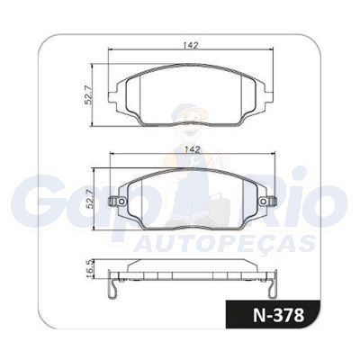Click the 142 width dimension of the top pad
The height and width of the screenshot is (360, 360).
[x=190, y=45]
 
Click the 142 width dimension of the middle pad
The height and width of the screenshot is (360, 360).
[x=193, y=149]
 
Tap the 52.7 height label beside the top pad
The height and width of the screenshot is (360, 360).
[x=88, y=94]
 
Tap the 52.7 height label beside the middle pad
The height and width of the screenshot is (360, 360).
[x=90, y=199]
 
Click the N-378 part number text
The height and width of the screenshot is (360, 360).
[x=279, y=315]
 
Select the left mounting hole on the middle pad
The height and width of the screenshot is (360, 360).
[x=121, y=202]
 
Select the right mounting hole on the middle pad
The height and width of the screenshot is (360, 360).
[x=264, y=202]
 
